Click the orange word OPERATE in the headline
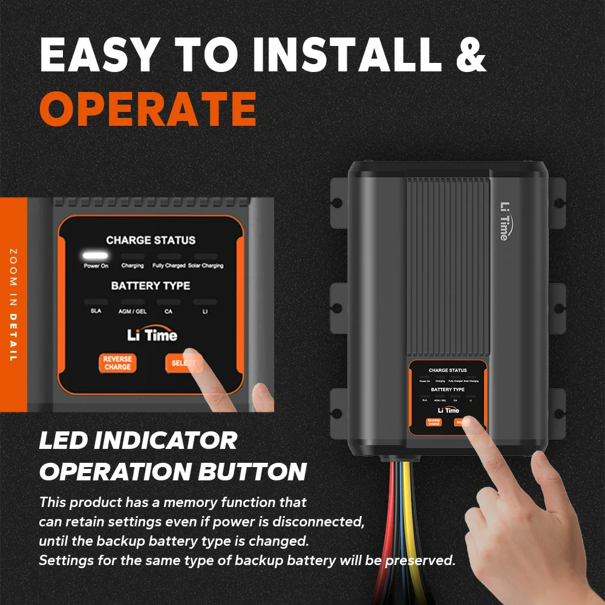point(148,109)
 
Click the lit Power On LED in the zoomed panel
point(96,256)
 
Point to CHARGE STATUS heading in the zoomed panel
point(151,240)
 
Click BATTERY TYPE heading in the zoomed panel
point(151,286)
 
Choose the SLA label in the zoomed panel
point(96,311)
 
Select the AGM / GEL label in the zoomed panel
point(132,311)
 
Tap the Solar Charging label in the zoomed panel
point(205,266)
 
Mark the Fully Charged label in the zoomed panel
point(169,266)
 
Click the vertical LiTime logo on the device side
point(503,221)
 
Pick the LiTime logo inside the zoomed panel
point(152,335)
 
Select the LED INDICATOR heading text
point(139,440)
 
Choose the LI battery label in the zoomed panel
point(204,311)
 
